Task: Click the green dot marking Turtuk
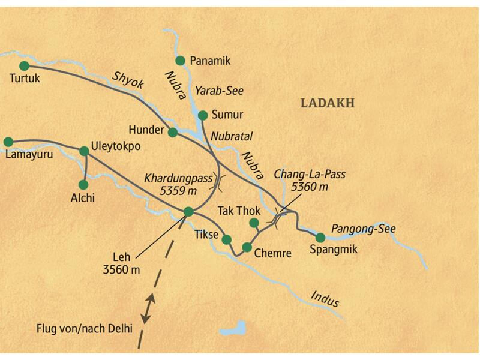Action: [24, 65]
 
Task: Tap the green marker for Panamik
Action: [180, 60]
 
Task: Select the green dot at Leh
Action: [188, 211]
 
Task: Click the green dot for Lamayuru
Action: [8, 142]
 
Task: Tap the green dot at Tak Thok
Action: [254, 223]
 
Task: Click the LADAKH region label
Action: [328, 103]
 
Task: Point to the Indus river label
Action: [325, 297]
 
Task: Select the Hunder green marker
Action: [173, 132]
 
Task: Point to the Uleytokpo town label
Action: [116, 146]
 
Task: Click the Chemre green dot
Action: [247, 247]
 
